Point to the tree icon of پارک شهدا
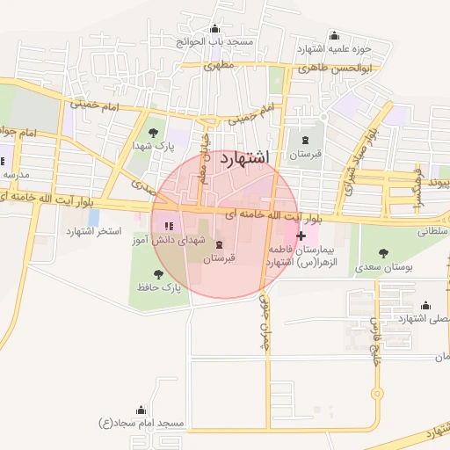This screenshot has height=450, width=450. (155, 132)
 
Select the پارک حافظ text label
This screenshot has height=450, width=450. (158, 287)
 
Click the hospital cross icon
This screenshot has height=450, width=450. (301, 236)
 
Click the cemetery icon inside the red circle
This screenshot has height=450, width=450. (219, 245)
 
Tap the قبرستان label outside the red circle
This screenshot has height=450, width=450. (306, 154)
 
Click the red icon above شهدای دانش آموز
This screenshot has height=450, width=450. (169, 227)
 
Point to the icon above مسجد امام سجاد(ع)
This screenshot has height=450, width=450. (141, 410)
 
